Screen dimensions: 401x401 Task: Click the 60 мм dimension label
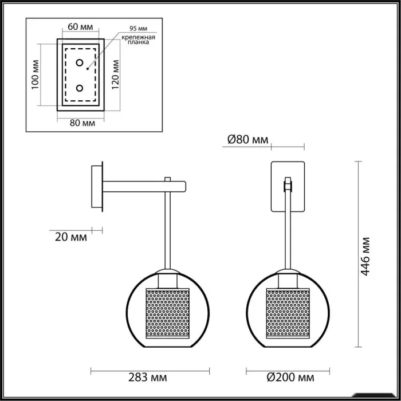click(80, 26)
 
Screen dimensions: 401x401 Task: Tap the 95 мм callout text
click(139, 29)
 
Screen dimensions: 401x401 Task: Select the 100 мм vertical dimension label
click(36, 74)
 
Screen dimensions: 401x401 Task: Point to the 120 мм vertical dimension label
click(116, 74)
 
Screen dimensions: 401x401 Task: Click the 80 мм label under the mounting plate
click(82, 123)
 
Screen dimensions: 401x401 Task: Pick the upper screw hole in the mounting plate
click(80, 62)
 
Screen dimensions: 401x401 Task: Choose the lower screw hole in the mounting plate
click(80, 88)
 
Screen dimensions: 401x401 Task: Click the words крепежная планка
click(139, 40)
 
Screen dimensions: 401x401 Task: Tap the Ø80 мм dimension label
click(248, 140)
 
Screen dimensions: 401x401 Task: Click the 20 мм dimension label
click(71, 237)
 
